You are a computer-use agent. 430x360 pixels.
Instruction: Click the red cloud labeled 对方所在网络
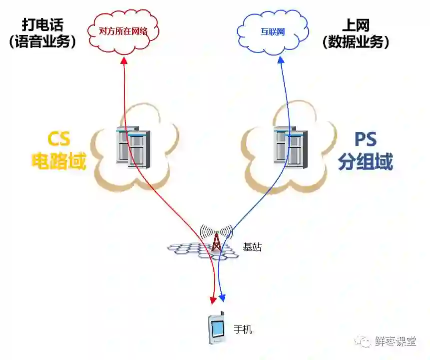pos(123,30)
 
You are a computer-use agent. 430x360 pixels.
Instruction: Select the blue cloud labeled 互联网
pos(273,31)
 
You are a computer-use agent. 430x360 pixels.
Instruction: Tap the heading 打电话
pos(42,24)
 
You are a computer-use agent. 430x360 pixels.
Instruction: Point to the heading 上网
pos(356,24)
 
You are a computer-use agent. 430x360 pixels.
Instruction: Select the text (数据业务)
pos(356,41)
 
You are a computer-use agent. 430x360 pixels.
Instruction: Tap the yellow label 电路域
pos(59,161)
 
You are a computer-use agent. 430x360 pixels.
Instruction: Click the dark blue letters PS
pos(366,139)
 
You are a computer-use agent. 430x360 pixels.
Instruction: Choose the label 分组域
pos(366,161)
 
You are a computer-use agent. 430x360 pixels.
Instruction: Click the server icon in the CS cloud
pos(133,146)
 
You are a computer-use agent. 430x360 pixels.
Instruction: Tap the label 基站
pos(252,247)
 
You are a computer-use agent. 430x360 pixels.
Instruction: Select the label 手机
pos(243,329)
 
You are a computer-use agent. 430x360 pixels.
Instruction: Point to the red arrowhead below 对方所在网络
pos(124,59)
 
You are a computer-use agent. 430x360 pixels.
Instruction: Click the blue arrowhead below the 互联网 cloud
pos(281,59)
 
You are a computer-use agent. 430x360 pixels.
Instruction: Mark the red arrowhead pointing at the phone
pos(213,299)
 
